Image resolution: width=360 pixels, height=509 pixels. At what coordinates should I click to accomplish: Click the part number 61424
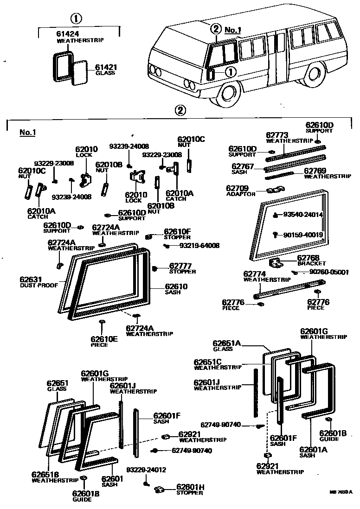(x=67, y=34)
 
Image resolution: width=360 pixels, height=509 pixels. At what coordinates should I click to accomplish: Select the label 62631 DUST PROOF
(x=39, y=282)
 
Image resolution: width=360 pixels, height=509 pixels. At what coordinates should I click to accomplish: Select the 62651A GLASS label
(x=226, y=345)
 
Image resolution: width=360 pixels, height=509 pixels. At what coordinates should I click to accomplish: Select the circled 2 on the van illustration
(x=215, y=28)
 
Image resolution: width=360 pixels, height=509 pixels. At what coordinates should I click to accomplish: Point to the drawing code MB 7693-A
(x=341, y=492)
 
